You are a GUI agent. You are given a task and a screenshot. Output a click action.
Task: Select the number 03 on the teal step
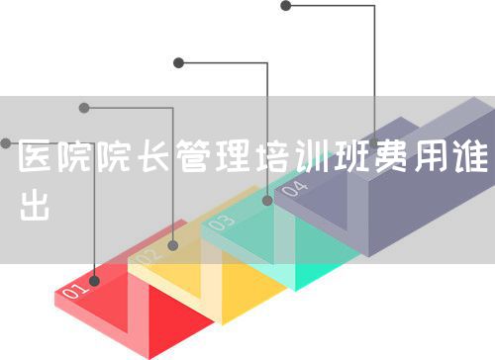click(x=221, y=224)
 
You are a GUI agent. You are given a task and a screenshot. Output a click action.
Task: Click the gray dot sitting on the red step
click(x=95, y=281)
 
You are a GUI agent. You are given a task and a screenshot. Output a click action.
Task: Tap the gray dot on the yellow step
click(x=173, y=244)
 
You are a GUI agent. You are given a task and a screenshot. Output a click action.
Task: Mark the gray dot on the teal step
click(x=267, y=201)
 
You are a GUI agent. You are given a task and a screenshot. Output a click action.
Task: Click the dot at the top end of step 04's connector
click(x=286, y=5)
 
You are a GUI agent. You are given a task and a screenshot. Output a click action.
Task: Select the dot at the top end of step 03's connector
click(x=179, y=62)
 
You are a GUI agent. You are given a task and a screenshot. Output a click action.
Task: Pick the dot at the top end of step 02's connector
click(x=84, y=107)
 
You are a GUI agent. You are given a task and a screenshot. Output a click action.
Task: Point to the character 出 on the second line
click(x=37, y=205)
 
